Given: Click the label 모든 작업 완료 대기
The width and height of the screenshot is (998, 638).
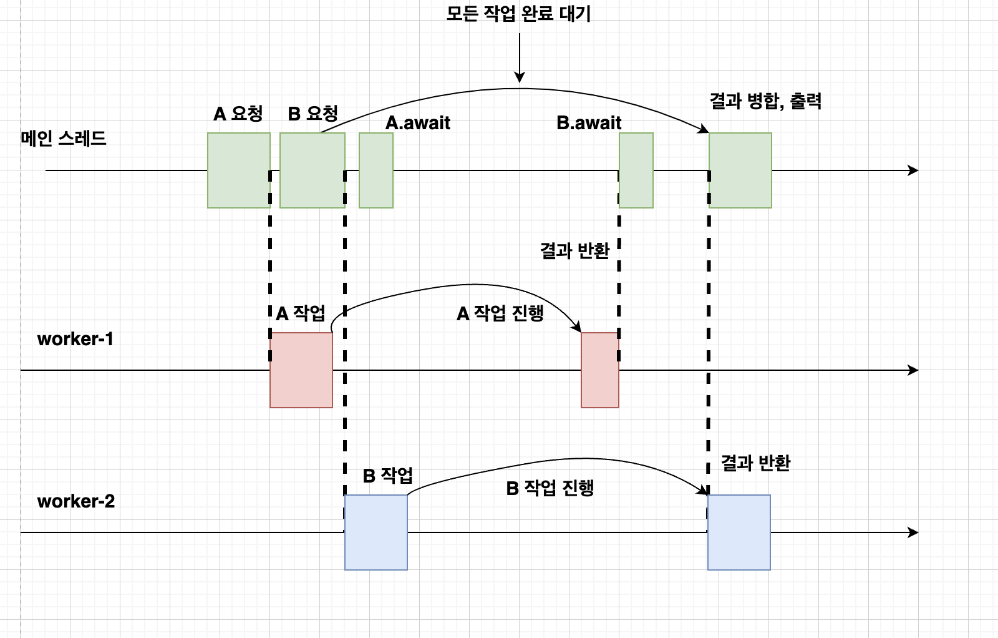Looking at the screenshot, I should [518, 14].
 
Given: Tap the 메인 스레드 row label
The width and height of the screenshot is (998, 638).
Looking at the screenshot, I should [64, 138].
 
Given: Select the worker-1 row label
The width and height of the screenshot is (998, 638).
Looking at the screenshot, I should [75, 339].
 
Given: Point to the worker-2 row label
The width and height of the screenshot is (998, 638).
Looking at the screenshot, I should [76, 501].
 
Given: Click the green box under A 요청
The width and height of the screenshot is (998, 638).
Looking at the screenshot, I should [239, 170].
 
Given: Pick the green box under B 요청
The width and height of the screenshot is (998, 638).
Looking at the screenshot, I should [312, 170].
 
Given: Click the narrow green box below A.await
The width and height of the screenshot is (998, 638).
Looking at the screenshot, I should [376, 170].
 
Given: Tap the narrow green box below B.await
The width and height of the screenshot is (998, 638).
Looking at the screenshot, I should [636, 170].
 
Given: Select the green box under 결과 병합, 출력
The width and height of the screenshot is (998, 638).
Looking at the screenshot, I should [740, 170].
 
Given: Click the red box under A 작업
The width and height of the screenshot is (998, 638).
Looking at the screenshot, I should [301, 370].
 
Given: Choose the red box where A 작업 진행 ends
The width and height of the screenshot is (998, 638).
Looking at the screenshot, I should [600, 370].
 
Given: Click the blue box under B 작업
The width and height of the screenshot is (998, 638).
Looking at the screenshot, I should [376, 532].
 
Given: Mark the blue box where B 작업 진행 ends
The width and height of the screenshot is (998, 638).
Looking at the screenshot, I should [739, 532].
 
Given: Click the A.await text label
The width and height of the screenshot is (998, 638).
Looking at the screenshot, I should [418, 123].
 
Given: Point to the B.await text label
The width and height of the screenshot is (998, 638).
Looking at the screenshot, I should [589, 123].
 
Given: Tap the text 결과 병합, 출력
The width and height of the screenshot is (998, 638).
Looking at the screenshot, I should [765, 101].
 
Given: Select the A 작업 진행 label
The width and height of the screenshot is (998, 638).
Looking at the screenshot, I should [500, 313].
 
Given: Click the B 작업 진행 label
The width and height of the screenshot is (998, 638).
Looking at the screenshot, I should [550, 488].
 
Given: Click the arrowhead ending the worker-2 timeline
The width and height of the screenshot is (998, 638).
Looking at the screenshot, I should [914, 532].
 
